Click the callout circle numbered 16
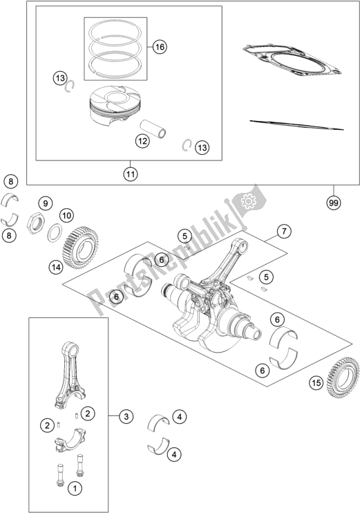(160, 47)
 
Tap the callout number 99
(333, 203)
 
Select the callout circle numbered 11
(131, 174)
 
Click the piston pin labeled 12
(153, 129)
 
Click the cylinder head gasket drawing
(292, 60)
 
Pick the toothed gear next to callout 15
(343, 377)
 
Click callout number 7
(283, 232)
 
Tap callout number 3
(126, 416)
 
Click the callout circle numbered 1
(75, 489)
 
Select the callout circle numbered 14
(56, 268)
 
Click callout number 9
(45, 203)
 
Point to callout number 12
(142, 141)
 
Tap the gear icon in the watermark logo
(247, 201)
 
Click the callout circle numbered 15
(316, 382)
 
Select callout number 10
(66, 216)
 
